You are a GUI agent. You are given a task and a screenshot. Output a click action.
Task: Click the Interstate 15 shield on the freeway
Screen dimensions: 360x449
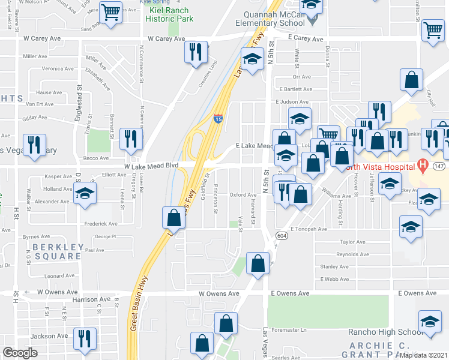click(218, 119)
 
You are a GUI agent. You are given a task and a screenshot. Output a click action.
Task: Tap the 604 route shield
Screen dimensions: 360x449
click(280, 236)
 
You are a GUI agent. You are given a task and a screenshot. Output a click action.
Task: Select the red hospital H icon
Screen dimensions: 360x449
click(423, 164)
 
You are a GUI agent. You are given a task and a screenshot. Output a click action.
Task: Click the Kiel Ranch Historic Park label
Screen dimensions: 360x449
click(168, 15)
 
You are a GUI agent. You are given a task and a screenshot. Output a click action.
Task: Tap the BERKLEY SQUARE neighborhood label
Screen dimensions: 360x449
click(56, 251)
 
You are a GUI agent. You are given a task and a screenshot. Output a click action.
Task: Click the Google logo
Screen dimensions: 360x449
click(20, 353)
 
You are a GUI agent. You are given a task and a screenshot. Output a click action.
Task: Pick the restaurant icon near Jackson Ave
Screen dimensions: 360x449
click(85, 338)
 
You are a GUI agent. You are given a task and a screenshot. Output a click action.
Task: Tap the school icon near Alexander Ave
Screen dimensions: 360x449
click(85, 195)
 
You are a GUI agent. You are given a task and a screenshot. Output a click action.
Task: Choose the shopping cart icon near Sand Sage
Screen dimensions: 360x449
click(110, 12)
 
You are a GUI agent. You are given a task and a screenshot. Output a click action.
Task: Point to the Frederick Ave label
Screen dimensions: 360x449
click(100, 223)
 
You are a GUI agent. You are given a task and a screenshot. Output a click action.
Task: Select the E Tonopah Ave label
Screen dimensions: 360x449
click(309, 229)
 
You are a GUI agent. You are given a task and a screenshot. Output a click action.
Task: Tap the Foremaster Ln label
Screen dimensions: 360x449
click(289, 329)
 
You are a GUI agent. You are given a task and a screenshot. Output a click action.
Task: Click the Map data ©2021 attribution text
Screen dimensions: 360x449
click(423, 355)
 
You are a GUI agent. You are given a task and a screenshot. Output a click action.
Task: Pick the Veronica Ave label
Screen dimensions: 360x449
click(57, 68)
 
